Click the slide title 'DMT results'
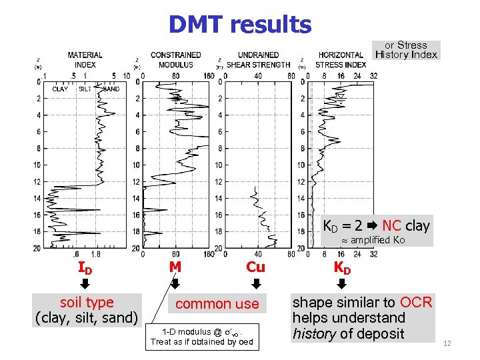[x=239, y=25]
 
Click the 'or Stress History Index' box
[x=406, y=50]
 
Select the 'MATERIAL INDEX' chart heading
[x=85, y=60]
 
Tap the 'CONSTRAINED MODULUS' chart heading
[x=175, y=60]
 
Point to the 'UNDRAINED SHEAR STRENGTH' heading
[x=258, y=60]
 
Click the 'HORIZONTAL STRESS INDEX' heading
[x=341, y=60]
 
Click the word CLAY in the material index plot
[x=60, y=89]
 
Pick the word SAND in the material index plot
[x=111, y=89]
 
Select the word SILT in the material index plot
[x=85, y=89]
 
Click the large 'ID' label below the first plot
[x=85, y=268]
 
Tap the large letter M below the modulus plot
[x=175, y=267]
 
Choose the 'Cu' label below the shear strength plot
[x=255, y=267]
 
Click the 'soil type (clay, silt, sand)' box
[x=87, y=310]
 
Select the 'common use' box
[x=217, y=304]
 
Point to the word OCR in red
[x=417, y=303]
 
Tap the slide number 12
[x=447, y=343]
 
